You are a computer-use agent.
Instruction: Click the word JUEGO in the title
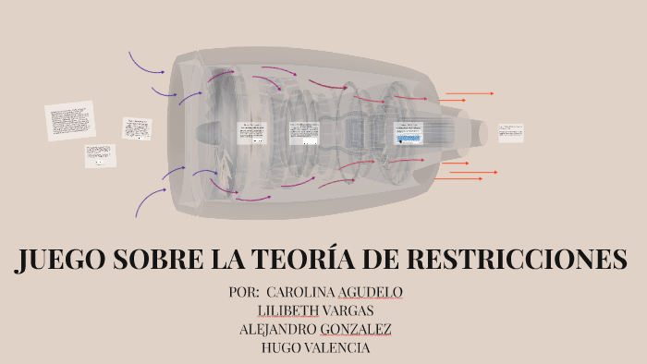click(x=60, y=261)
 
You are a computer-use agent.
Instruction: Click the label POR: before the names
click(x=244, y=292)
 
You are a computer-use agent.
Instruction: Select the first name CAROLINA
click(x=299, y=292)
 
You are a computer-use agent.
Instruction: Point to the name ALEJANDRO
click(x=277, y=329)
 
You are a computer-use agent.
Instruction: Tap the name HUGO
click(x=280, y=347)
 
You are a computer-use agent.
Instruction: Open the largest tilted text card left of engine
click(x=70, y=121)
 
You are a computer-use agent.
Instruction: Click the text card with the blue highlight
click(x=408, y=133)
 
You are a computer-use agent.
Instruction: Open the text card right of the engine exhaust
click(x=510, y=132)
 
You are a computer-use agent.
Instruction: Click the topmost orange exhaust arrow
click(x=470, y=93)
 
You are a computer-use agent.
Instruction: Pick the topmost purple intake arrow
click(x=146, y=63)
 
